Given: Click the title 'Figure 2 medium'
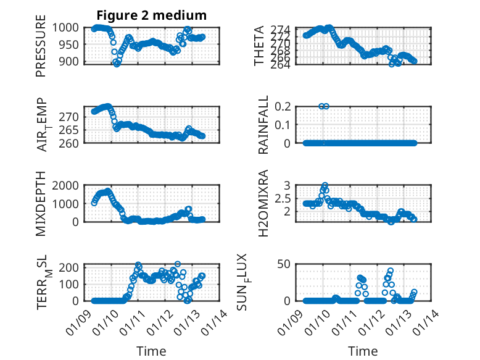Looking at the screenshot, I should pyautogui.click(x=151, y=14).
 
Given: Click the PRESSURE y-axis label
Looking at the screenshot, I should pyautogui.click(x=41, y=50).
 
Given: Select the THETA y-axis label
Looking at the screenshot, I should pyautogui.click(x=260, y=46).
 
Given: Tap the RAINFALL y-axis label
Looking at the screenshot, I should pyautogui.click(x=263, y=124).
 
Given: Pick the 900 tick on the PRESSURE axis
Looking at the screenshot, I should pyautogui.click(x=70, y=62).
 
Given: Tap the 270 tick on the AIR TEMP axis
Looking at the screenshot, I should pyautogui.click(x=70, y=117).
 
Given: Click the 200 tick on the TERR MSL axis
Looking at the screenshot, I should pyautogui.click(x=70, y=267).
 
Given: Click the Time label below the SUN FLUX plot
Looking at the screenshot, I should pyautogui.click(x=362, y=351).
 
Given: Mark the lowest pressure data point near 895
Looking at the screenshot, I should pyautogui.click(x=117, y=64).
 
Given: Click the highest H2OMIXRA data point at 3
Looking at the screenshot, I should pyautogui.click(x=325, y=185).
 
